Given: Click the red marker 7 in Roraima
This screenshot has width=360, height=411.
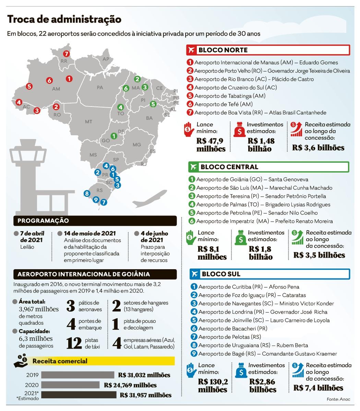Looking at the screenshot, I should tap(66, 54).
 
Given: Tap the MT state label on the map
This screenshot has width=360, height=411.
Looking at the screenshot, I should tap(88, 122).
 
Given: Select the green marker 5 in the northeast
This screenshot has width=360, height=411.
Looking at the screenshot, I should tap(153, 104).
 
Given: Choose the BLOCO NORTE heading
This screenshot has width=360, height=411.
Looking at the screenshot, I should tap(223, 50).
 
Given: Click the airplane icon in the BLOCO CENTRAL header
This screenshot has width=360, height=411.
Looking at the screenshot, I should tap(194, 167).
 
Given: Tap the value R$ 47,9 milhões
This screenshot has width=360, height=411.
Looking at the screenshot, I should tap(211, 145).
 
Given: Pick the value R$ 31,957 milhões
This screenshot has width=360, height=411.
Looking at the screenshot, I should tap(145, 395).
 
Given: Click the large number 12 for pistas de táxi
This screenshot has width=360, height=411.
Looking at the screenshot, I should tap(74, 344).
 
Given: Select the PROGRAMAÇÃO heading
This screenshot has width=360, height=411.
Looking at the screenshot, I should tap(43, 221).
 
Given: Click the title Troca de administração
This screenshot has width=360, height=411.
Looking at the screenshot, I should tap(64, 20).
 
